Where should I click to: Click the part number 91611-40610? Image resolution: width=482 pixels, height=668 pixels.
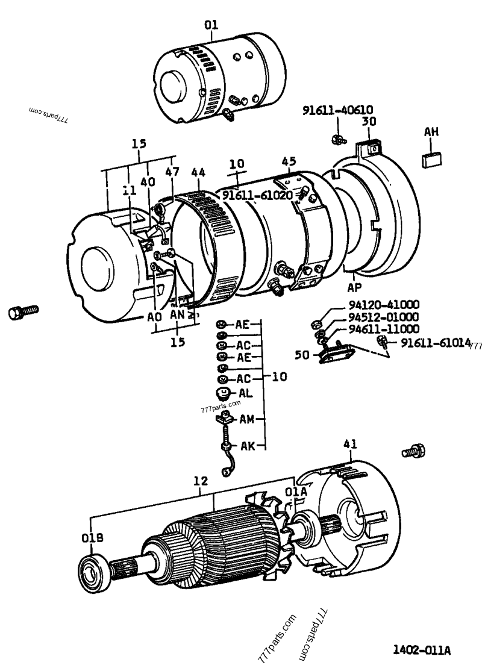(346, 110)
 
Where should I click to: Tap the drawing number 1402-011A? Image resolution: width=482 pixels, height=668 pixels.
(421, 651)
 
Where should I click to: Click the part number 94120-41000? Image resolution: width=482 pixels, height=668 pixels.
(383, 305)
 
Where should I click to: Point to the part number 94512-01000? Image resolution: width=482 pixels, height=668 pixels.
(383, 317)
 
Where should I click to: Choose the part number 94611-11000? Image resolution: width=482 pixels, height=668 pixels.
(383, 329)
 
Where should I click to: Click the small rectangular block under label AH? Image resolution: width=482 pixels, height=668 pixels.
(431, 159)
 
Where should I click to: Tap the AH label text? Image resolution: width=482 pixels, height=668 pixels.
(431, 132)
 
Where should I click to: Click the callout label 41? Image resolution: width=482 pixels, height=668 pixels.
(350, 445)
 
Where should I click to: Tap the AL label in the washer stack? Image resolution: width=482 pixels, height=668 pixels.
(245, 392)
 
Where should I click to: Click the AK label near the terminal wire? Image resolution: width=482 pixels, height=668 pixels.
(248, 446)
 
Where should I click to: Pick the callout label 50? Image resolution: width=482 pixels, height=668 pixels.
(302, 355)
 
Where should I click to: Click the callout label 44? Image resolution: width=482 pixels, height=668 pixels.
(198, 173)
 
